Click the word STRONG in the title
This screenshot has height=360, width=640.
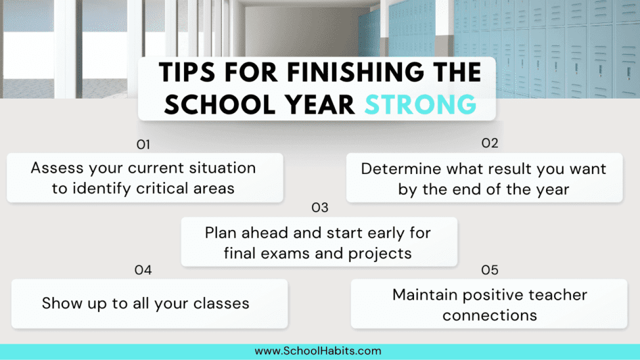click(x=421, y=105)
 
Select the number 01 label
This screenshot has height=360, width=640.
click(x=143, y=144)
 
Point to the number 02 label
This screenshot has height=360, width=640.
click(x=490, y=143)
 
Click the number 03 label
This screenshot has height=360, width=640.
click(x=319, y=208)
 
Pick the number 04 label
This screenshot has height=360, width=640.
click(x=143, y=270)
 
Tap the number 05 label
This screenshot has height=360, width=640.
click(x=490, y=270)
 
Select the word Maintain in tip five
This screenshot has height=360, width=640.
click(x=425, y=294)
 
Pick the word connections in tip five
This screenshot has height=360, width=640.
click(x=490, y=315)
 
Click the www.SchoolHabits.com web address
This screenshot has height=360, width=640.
click(x=318, y=351)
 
